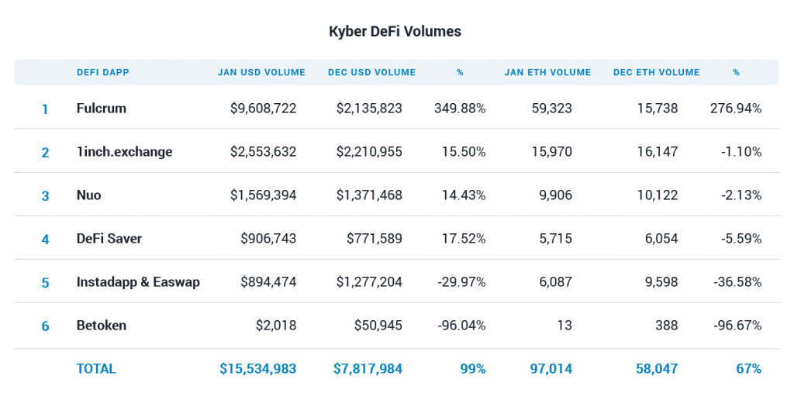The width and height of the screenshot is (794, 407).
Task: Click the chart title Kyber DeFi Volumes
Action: pyautogui.click(x=395, y=32)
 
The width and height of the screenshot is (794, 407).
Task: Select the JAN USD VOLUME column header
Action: pyautogui.click(x=261, y=72)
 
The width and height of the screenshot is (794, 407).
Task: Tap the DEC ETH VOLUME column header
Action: pyautogui.click(x=656, y=72)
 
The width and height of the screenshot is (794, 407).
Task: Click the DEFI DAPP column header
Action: pyautogui.click(x=103, y=72)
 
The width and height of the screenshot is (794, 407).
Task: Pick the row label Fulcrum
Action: pyautogui.click(x=101, y=109)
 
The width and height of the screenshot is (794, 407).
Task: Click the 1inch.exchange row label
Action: pyautogui.click(x=124, y=152)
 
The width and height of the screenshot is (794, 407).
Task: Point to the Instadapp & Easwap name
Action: pyautogui.click(x=138, y=282)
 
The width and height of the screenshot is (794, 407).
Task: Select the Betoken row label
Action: pyautogui.click(x=101, y=326)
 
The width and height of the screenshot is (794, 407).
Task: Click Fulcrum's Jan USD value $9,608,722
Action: pyautogui.click(x=263, y=109)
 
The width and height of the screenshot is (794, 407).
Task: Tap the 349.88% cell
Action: pyautogui.click(x=460, y=109)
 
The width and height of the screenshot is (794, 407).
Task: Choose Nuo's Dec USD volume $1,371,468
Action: pyautogui.click(x=369, y=195)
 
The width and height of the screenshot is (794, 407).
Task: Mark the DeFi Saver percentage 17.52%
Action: pyautogui.click(x=464, y=239)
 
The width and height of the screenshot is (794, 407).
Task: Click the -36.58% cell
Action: pyautogui.click(x=737, y=282)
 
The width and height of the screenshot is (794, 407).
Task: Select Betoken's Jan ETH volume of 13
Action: pyautogui.click(x=564, y=326)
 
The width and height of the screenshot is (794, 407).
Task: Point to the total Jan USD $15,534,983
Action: pyautogui.click(x=257, y=369)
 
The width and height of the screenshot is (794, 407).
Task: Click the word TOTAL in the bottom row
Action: pyautogui.click(x=96, y=369)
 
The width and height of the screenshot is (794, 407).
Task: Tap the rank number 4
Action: pyautogui.click(x=45, y=240)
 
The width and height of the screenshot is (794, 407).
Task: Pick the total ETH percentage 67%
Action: pyautogui.click(x=748, y=369)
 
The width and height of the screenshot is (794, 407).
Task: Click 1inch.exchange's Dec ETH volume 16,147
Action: pyautogui.click(x=658, y=152)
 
